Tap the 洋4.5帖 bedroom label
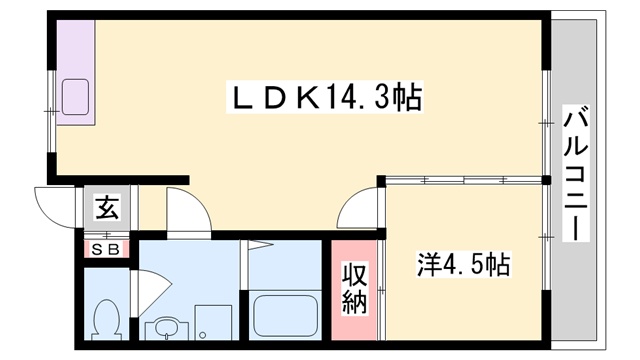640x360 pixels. (463, 266)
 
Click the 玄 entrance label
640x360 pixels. (107, 210)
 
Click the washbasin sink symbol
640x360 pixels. (165, 327)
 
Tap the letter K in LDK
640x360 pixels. (306, 99)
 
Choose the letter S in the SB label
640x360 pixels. (99, 249)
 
